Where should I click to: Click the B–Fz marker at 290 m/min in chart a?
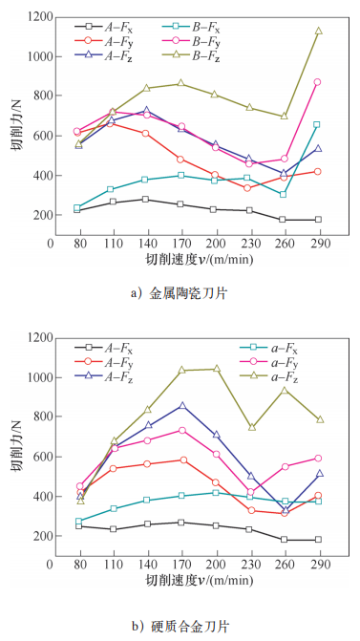(x=318, y=31)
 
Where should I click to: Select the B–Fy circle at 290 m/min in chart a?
(x=318, y=82)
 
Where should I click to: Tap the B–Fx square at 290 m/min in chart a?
(x=318, y=124)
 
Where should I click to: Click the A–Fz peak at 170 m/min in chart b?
(x=180, y=405)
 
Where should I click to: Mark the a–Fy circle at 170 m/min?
(x=180, y=430)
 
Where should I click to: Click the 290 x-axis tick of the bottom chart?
(x=318, y=564)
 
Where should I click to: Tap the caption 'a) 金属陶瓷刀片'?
(x=180, y=294)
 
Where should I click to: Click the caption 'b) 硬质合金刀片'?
(x=180, y=625)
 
